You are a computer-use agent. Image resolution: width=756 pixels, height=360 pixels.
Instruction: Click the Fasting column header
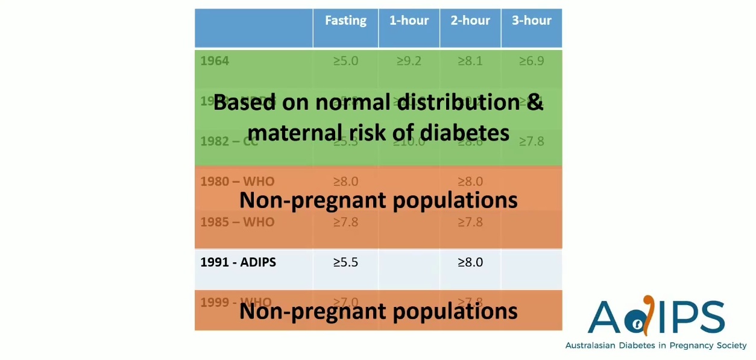click(345, 21)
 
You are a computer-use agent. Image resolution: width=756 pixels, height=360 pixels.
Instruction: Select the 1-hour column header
click(409, 21)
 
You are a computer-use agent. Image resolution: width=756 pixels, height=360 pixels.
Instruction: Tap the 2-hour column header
click(470, 21)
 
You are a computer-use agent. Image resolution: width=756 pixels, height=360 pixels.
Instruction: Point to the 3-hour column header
click(532, 21)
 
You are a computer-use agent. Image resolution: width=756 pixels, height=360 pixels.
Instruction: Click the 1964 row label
click(215, 61)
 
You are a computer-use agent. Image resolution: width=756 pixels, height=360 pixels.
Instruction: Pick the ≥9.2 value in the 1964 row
click(409, 61)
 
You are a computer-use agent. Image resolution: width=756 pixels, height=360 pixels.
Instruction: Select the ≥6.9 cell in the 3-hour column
click(532, 61)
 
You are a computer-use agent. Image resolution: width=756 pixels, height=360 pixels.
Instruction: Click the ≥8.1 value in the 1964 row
click(470, 61)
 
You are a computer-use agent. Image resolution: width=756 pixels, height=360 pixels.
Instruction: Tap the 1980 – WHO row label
click(237, 182)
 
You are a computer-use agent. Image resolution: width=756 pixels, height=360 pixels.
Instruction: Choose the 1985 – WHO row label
click(237, 222)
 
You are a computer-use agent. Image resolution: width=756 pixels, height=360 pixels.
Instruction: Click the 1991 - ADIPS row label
click(238, 262)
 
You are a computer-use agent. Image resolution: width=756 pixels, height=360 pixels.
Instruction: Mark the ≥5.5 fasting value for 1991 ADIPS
click(345, 262)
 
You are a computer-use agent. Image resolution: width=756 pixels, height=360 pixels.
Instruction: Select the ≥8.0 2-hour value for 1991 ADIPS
click(470, 262)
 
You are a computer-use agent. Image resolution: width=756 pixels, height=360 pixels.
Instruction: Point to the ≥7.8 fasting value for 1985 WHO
click(345, 222)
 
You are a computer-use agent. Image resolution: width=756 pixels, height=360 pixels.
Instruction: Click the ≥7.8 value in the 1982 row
click(532, 141)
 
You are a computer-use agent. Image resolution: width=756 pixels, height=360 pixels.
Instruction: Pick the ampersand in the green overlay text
click(535, 102)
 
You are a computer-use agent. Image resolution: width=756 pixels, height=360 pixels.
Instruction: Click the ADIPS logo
click(656, 317)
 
